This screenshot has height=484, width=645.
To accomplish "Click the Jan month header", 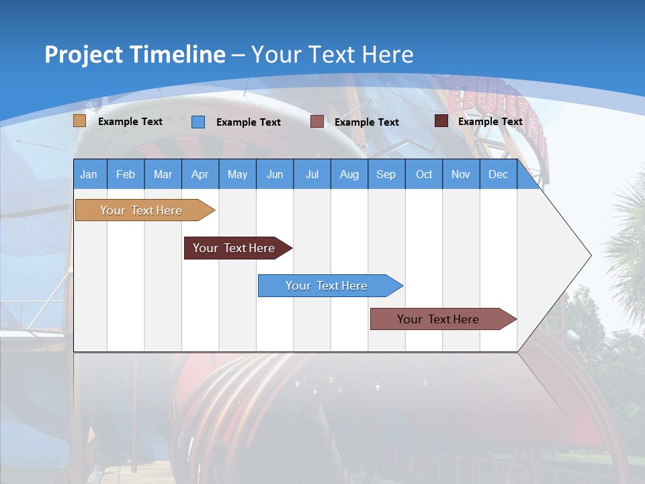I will tap(89, 174).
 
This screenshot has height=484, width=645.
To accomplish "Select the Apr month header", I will tap(200, 174).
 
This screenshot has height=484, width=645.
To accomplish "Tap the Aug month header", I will tap(349, 174).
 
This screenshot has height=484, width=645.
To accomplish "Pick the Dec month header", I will tap(498, 174).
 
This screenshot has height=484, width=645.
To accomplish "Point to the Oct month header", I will tap(424, 174).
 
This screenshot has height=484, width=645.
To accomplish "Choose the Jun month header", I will tap(274, 174).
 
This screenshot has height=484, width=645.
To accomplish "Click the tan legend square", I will tap(79, 121).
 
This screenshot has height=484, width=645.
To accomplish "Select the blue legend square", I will tap(198, 122).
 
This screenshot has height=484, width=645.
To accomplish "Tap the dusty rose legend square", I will tap(317, 122).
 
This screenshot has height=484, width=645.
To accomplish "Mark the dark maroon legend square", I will tap(441, 121).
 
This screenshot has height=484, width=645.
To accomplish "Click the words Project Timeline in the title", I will tap(135, 54).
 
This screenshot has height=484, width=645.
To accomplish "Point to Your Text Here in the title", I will tap(332, 54).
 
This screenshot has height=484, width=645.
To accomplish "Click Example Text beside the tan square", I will tap(130, 122).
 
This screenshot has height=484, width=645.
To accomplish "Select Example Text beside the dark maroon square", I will tap(490, 122).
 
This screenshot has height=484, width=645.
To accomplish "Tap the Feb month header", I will tap(126, 174).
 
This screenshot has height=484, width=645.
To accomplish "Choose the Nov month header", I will tap(461, 174).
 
